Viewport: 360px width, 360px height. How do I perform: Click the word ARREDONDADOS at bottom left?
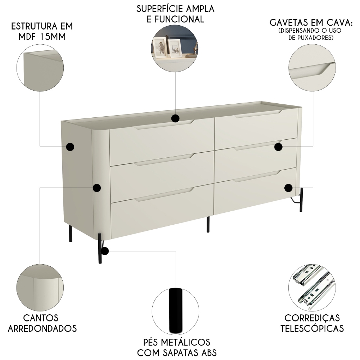tap(42, 328)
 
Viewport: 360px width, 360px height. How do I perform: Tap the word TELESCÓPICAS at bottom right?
tap(312, 328)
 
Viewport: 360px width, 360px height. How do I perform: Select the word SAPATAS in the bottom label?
tap(179, 352)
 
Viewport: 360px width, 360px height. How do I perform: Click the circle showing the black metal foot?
tap(175, 311)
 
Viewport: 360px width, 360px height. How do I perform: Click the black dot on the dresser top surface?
tap(175, 118)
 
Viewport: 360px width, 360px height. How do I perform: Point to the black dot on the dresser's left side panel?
tap(70, 147)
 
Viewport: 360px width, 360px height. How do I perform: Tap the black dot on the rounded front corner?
tap(96, 188)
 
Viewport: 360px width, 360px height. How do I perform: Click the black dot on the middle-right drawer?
tap(278, 147)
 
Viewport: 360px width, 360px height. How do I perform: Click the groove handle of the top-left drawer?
tap(164, 125)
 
